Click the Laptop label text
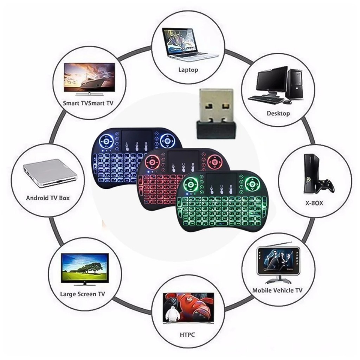click(x=188, y=70)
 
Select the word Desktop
click(x=278, y=113)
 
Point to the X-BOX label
click(x=314, y=203)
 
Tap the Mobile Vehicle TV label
click(x=277, y=290)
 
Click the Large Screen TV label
click(x=82, y=294)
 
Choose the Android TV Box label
click(x=48, y=198)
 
